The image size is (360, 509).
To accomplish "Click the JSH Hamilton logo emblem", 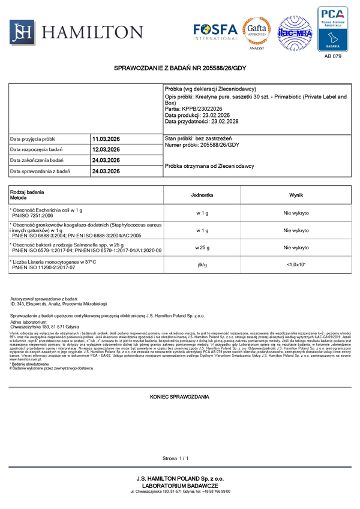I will [x=23, y=31].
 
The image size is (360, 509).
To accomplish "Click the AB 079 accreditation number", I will [x=332, y=56].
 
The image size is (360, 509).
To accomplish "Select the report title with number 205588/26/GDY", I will [x=180, y=70].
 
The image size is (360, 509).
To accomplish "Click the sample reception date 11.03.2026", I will [x=106, y=138].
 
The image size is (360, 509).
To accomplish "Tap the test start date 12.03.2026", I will [x=106, y=149].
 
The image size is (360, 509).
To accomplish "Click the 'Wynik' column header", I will [x=296, y=195].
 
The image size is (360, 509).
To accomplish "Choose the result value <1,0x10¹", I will [x=296, y=264].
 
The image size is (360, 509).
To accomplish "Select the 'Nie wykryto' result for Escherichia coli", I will [x=296, y=213].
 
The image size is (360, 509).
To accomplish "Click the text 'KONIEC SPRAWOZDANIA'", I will [x=179, y=397].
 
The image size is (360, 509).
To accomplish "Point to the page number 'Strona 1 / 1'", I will [x=175, y=458].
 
